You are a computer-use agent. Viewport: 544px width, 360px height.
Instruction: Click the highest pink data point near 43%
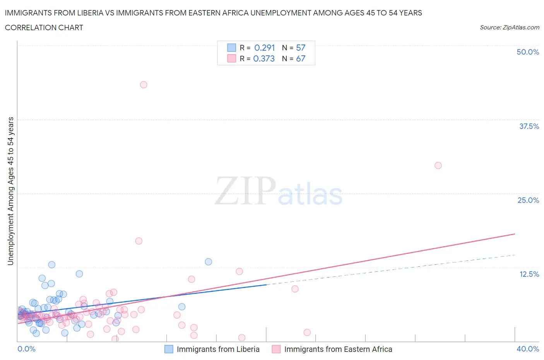click(x=144, y=85)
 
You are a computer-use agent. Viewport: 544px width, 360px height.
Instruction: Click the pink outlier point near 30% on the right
click(x=438, y=165)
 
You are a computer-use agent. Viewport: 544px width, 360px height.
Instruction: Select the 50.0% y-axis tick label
click(x=528, y=52)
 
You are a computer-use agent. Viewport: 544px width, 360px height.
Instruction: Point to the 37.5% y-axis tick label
click(x=529, y=126)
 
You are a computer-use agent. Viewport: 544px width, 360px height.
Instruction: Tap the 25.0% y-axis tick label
click(x=528, y=200)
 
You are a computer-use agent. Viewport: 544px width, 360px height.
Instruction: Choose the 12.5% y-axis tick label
click(x=529, y=274)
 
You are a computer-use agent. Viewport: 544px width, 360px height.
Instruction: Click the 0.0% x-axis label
click(x=26, y=349)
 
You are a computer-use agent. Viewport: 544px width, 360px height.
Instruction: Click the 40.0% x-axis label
click(x=528, y=349)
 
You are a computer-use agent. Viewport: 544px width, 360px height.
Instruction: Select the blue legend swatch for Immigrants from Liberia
click(x=169, y=349)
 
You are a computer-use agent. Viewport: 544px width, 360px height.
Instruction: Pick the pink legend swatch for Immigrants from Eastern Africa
click(x=276, y=349)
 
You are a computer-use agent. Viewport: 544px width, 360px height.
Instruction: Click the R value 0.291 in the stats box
click(x=265, y=48)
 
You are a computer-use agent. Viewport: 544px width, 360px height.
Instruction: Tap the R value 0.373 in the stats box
click(x=264, y=58)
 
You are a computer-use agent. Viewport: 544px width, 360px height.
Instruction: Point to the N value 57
click(x=301, y=48)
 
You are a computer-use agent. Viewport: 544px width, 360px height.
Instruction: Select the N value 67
click(x=301, y=58)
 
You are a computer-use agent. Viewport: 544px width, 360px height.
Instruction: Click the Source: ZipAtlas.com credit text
click(x=509, y=27)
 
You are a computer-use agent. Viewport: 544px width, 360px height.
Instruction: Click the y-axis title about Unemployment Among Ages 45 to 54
click(x=10, y=191)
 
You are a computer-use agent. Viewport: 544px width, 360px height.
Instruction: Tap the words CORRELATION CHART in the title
click(x=44, y=27)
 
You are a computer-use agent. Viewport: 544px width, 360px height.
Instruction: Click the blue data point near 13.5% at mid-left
click(x=208, y=262)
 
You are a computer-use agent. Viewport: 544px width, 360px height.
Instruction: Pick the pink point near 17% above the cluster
click(x=139, y=241)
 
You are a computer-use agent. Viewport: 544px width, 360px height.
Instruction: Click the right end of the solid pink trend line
click(x=515, y=234)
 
